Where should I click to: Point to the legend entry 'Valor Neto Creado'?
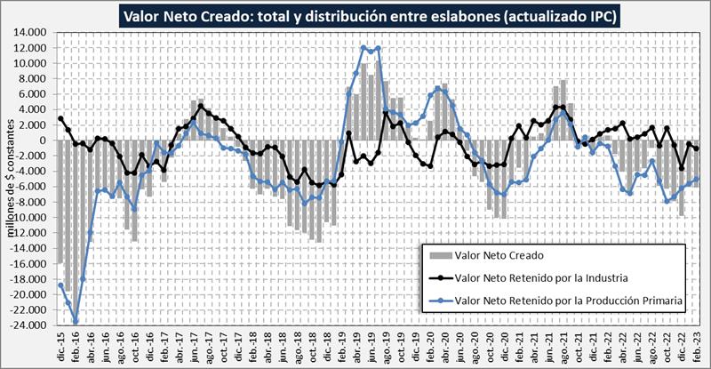click(494, 255)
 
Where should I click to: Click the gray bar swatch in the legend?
click(437, 255)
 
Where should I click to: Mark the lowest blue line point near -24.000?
click(76, 322)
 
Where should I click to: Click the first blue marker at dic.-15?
click(60, 285)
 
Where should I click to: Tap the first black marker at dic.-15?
click(60, 118)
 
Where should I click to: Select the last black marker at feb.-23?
click(697, 148)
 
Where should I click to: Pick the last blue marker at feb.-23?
click(697, 179)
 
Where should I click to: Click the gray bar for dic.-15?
click(60, 201)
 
